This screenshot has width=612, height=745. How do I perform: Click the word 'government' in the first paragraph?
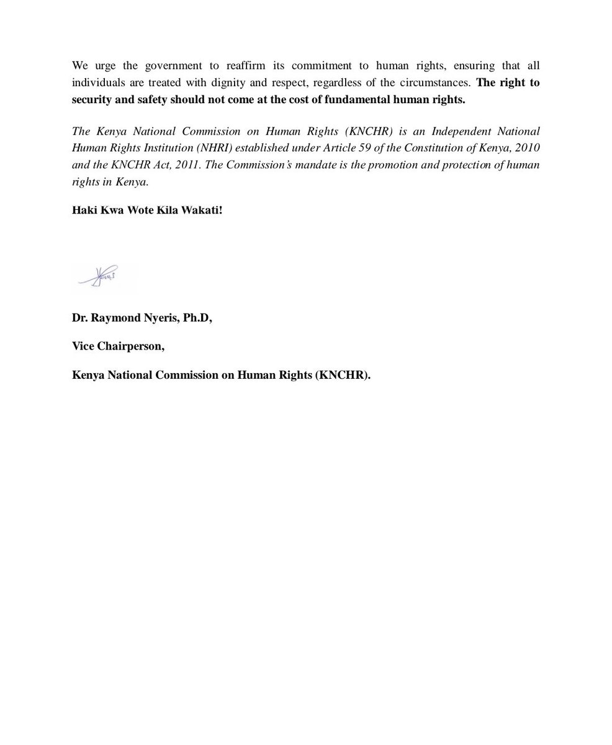[x=177, y=66]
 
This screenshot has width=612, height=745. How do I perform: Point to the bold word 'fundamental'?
[x=359, y=99]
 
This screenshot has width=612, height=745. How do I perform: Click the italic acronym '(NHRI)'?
[x=214, y=148]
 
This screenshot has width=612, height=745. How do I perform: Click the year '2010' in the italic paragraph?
[x=527, y=148]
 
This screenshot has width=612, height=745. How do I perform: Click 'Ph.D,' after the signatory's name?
[x=197, y=318]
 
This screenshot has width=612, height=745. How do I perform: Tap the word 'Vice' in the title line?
[x=84, y=346]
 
